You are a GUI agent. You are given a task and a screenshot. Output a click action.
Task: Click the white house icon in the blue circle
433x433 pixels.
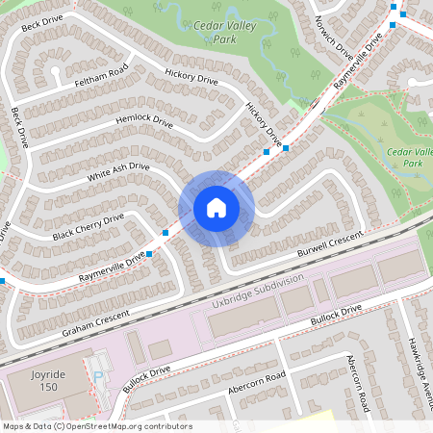(x=216, y=208)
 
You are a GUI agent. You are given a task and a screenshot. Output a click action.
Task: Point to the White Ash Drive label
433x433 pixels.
(x=118, y=173)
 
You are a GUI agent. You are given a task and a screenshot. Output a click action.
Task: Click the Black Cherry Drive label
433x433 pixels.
(x=89, y=227)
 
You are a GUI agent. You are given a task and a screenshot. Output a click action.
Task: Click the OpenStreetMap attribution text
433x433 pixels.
(x=97, y=425)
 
